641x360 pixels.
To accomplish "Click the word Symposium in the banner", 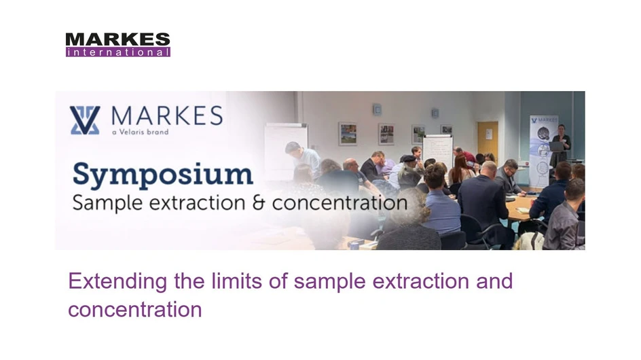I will [x=163, y=175].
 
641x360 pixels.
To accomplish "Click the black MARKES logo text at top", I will [x=117, y=39].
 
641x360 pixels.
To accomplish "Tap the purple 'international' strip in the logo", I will [x=117, y=52].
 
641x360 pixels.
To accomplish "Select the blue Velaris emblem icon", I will [x=85, y=120].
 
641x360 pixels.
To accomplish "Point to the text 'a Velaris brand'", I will [x=139, y=132].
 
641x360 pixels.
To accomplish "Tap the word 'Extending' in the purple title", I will [x=117, y=281].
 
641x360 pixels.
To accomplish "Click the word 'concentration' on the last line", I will [x=134, y=309].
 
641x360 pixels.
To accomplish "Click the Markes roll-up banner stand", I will [x=543, y=149].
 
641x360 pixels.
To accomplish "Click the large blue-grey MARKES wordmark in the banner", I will [x=166, y=115].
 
